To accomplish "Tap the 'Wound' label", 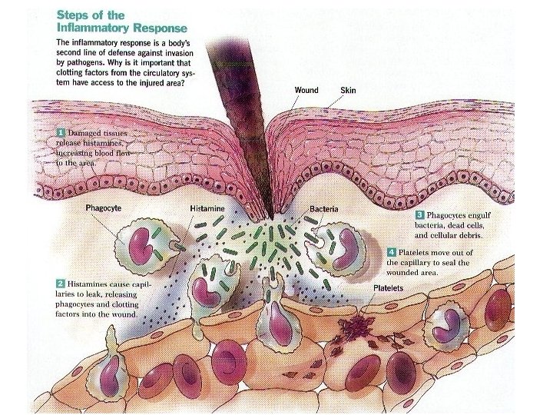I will [x=306, y=90].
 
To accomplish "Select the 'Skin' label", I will [x=348, y=90].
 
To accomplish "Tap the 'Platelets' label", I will [x=389, y=288].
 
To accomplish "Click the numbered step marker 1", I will [x=59, y=134].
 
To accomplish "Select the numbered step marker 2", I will [x=59, y=285].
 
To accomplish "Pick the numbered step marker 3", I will [x=419, y=217].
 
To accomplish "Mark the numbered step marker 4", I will [x=392, y=252].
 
